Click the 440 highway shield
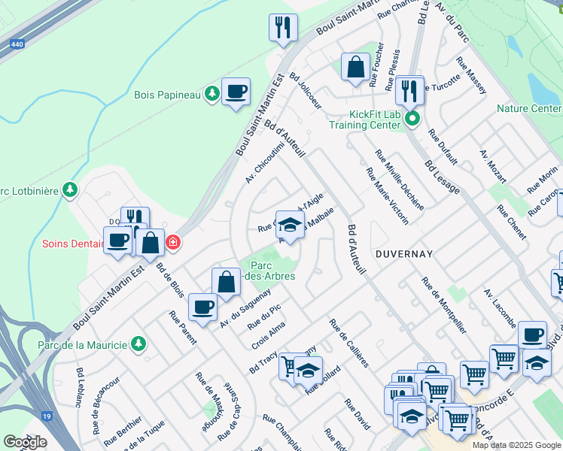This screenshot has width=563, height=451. (x=16, y=45)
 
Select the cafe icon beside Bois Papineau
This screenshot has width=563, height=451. (x=236, y=92)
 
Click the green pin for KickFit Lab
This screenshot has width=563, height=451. (x=412, y=119)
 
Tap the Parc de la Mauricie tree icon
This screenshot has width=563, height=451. (x=138, y=344)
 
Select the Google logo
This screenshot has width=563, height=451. (x=25, y=442)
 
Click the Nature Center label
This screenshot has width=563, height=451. (x=529, y=109)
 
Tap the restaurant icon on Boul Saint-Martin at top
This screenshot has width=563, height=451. (x=283, y=28)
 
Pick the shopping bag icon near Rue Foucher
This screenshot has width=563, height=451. (x=355, y=67)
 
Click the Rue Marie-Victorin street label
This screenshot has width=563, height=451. (x=388, y=195)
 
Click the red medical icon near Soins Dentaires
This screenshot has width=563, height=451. (x=173, y=242)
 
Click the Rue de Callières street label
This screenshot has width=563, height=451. (x=348, y=343)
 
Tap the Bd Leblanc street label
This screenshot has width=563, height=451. (x=79, y=387)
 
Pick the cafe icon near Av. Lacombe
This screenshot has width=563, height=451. (x=532, y=334)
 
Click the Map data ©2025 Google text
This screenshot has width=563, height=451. (x=517, y=445)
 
